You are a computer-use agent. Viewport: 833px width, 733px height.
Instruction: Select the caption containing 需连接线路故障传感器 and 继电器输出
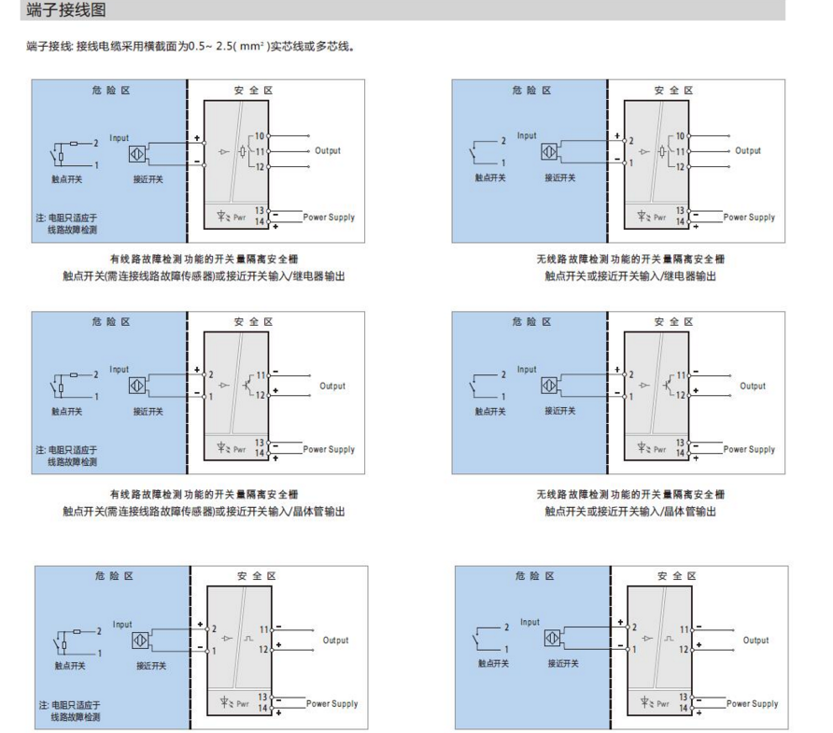pyautogui.click(x=205, y=275)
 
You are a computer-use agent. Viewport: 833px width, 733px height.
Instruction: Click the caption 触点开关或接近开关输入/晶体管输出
pyautogui.click(x=630, y=511)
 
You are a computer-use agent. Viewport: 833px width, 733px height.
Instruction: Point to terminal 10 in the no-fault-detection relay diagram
pyautogui.click(x=680, y=136)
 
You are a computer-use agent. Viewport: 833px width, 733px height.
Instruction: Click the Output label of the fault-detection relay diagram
pyautogui.click(x=327, y=150)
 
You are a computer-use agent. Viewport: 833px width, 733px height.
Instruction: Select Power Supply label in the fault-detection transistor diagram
pyautogui.click(x=329, y=449)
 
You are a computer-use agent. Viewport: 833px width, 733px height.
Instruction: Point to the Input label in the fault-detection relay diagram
pyautogui.click(x=120, y=137)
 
